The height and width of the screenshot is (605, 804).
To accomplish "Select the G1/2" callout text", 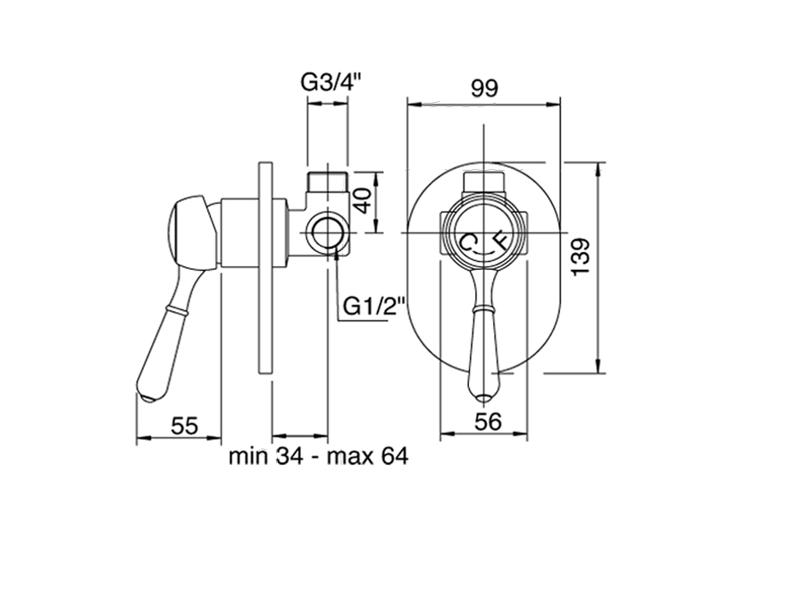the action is [x=374, y=307].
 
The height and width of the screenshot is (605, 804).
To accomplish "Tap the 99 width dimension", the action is [x=484, y=88].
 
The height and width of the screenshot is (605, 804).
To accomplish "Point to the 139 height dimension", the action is [x=582, y=256].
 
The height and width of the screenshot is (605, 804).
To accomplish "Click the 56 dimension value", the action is [x=488, y=422].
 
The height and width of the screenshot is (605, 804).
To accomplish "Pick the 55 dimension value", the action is [x=185, y=425].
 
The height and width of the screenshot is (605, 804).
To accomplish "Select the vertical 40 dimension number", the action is [x=363, y=200].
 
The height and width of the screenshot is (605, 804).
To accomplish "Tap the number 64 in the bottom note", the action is [x=395, y=456].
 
